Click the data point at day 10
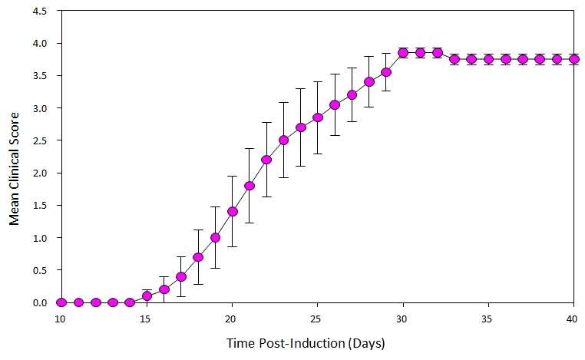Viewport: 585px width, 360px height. [x=61, y=302]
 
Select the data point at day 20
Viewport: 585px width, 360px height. [x=233, y=212]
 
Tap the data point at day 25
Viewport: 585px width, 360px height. [x=318, y=117]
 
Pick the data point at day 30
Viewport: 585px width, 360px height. [x=403, y=53]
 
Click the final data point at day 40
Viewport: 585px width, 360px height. [x=573, y=59]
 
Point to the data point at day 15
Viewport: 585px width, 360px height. [x=147, y=296]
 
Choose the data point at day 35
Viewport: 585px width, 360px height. [x=488, y=59]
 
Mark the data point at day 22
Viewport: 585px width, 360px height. [x=266, y=160]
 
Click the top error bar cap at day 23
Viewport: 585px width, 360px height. [x=283, y=102]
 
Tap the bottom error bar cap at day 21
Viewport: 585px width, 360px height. [x=250, y=223]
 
